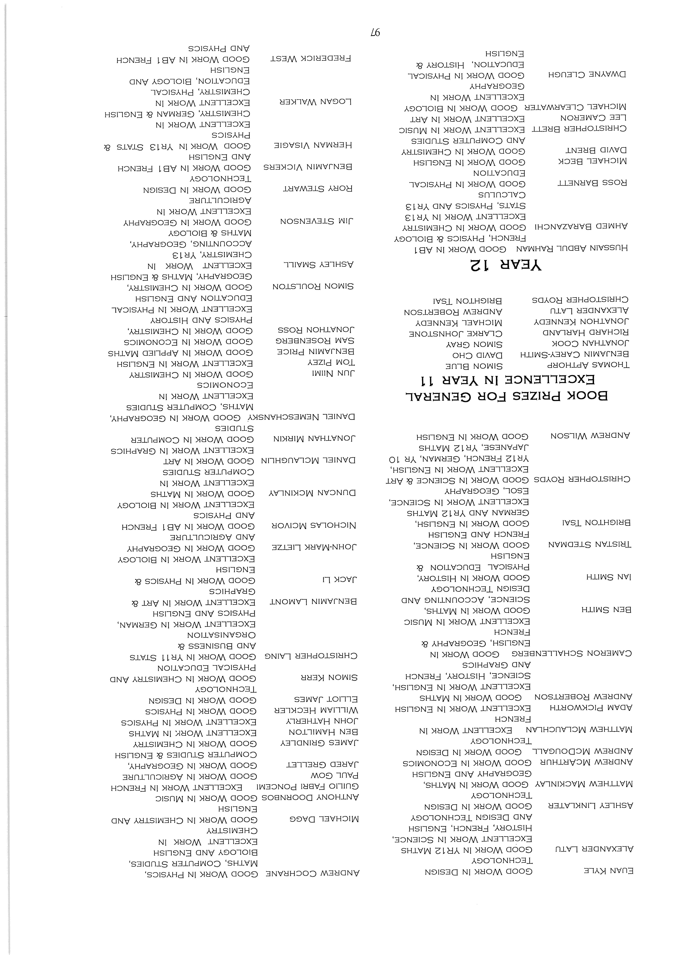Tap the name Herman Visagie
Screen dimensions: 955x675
[x=313, y=145]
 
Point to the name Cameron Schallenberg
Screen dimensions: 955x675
[x=571, y=653]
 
